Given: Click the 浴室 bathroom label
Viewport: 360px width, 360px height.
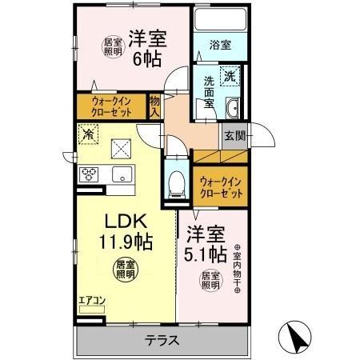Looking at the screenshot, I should coord(221,46).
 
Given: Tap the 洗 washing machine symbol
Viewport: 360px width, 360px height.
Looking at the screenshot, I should coord(230,78).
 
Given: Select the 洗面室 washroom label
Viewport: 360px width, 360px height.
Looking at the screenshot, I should coord(208,92).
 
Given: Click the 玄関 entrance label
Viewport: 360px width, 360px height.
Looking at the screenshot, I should coord(234,135).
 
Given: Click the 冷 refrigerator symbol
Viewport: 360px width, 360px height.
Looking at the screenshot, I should coord(87,134).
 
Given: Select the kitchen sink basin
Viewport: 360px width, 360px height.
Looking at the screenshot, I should coord(122,174).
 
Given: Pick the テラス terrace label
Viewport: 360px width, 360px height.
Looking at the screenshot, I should coord(162,340).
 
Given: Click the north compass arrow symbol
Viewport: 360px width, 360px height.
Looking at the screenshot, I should coord(294,338).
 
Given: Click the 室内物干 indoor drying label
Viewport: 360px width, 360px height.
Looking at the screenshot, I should coord(238,268).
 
